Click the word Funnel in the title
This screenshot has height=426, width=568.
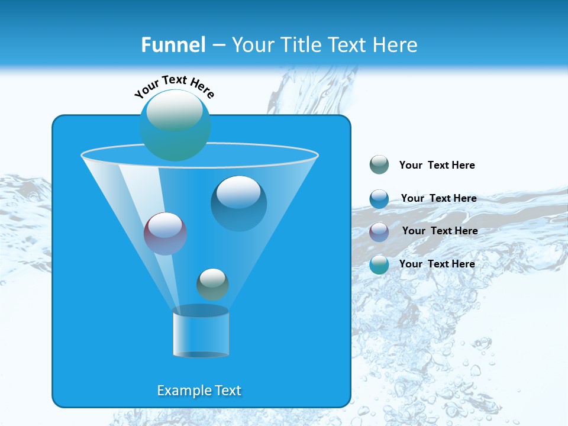click(x=173, y=45)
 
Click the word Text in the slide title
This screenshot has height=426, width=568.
click(x=348, y=45)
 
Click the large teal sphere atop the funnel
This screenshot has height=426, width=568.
click(x=175, y=125)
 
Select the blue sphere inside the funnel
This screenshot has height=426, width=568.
click(x=239, y=204)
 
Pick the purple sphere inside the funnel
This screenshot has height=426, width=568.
click(x=165, y=234)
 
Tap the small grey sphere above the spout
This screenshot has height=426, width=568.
click(x=212, y=285)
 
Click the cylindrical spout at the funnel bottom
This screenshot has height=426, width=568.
click(x=201, y=333)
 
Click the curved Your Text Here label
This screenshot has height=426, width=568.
click(x=175, y=85)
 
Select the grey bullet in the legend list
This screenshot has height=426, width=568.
click(x=379, y=165)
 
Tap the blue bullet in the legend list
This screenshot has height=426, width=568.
click(x=379, y=199)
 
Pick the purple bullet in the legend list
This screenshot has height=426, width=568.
click(x=379, y=231)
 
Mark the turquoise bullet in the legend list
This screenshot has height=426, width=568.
click(x=379, y=264)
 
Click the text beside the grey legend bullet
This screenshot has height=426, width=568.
click(x=437, y=165)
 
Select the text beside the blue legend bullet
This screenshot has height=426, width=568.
click(x=438, y=198)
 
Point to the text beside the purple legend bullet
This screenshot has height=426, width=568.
click(x=440, y=231)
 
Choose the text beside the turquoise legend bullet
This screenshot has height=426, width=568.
click(x=437, y=264)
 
